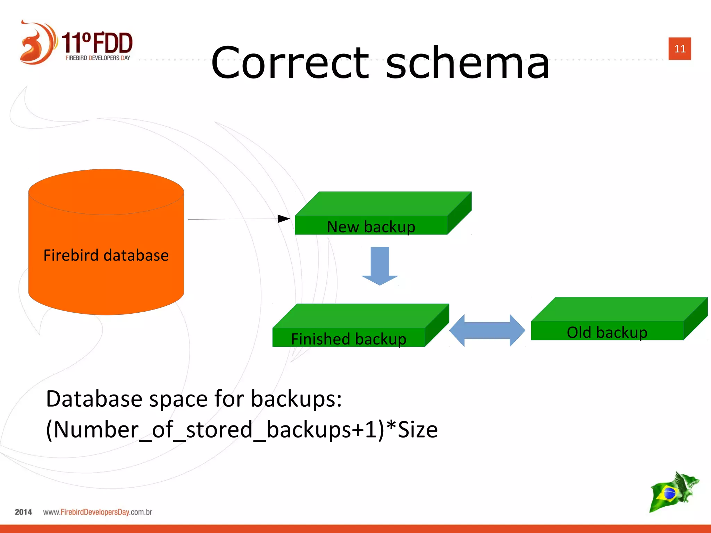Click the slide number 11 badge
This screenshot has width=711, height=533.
pos(679,49)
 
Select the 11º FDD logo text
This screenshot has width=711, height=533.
pos(97,43)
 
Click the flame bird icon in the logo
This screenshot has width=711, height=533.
pos(36,43)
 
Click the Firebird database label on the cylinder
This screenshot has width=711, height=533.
pos(106,255)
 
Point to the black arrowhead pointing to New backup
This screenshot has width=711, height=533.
pos(284,219)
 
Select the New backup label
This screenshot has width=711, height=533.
pos(371,227)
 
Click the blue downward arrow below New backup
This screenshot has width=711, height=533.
pos(380,265)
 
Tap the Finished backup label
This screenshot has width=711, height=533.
pos(349,339)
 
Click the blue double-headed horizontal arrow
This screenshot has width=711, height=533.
pos(487,330)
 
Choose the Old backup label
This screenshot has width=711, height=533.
pos(607,332)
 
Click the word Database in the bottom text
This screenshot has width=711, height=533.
pos(94,399)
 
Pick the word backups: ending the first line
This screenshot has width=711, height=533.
pos(296,399)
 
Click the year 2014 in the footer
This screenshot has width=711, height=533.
pos(23,512)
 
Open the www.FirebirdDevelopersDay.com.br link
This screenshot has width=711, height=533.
pos(98,512)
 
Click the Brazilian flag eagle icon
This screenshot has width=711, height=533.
pos(674,492)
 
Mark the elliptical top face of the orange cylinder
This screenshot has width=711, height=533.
pos(106,192)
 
